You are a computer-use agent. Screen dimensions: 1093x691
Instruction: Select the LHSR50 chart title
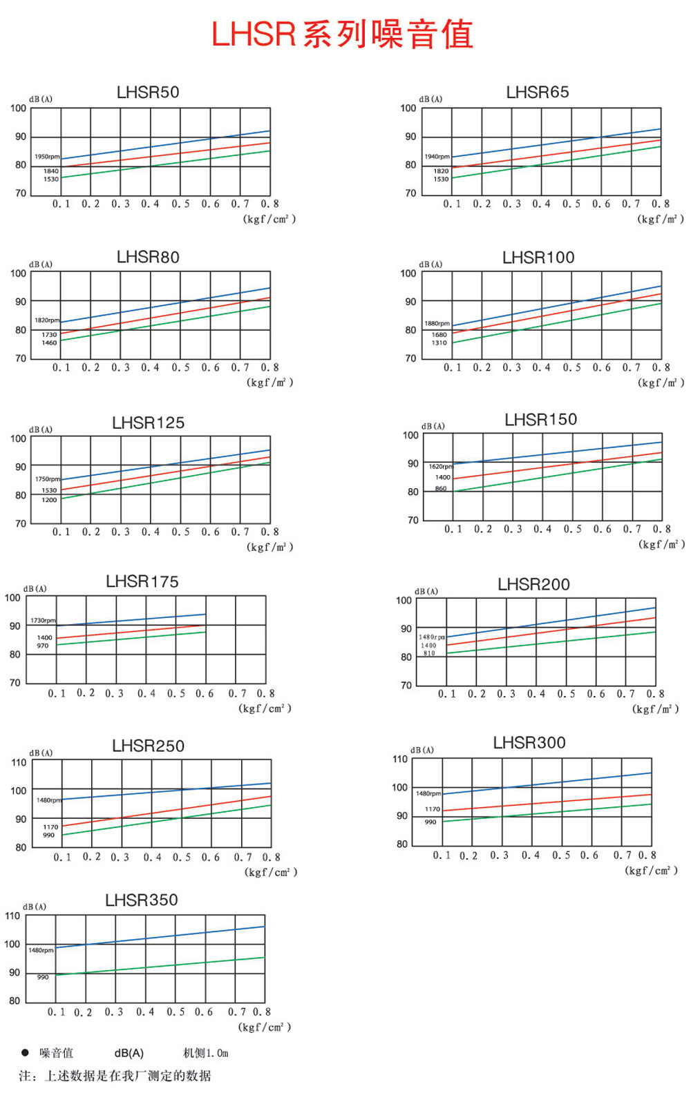point(148,93)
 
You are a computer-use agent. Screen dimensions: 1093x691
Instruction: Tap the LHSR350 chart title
point(142,900)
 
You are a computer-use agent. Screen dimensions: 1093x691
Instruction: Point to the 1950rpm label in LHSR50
point(47,157)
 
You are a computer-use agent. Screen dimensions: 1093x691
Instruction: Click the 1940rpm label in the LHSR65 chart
point(437,157)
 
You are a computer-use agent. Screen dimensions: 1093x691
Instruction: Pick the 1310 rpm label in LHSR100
point(439,343)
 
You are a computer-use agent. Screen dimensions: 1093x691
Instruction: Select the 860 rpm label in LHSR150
point(441,488)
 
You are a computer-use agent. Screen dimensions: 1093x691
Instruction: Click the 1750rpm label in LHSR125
point(48,479)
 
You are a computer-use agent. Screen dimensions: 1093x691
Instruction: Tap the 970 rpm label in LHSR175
point(43,646)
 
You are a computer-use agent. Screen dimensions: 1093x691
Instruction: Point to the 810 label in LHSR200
point(429,653)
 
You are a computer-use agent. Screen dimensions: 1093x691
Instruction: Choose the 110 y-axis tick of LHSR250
point(19,763)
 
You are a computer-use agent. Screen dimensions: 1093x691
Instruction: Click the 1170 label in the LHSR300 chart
point(433,809)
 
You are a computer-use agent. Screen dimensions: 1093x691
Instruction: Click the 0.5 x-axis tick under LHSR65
point(571,204)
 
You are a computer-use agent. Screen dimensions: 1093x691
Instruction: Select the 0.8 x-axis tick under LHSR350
point(262,1012)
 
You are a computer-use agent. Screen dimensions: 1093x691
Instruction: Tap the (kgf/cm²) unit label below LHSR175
point(265,708)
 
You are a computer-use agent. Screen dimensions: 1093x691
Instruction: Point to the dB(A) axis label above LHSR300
point(422,751)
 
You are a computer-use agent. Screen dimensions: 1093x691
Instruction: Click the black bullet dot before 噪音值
point(25,1053)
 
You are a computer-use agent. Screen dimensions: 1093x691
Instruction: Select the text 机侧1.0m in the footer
point(205,1054)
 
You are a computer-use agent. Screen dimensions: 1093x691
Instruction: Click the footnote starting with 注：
point(115,1076)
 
